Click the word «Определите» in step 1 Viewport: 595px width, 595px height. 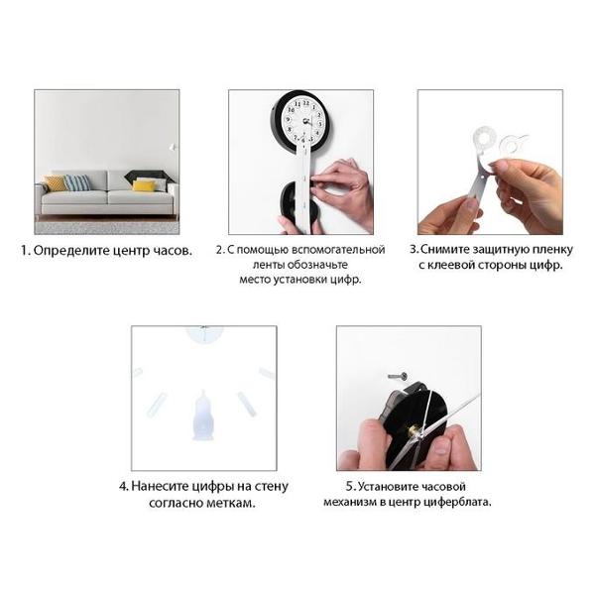tap(71, 251)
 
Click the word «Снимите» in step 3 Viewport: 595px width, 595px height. tap(444, 249)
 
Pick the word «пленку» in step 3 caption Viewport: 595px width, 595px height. tap(552, 250)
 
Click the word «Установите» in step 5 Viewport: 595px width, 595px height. tap(386, 487)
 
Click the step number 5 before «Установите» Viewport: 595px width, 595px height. tap(350, 487)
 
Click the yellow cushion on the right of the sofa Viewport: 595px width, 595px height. tap(144, 185)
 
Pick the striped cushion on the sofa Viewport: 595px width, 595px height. tap(77, 182)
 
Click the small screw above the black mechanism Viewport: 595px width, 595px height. tap(398, 377)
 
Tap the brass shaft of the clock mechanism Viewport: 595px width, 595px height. tap(412, 431)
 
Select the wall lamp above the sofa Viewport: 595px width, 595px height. tap(173, 147)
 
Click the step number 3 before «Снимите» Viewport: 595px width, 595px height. tap(414, 249)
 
